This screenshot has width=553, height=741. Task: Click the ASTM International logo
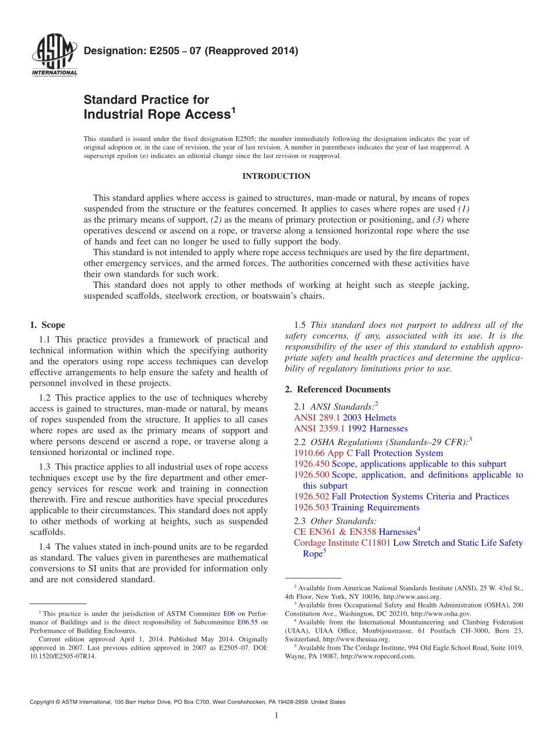(54, 56)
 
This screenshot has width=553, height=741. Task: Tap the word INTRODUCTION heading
(276, 176)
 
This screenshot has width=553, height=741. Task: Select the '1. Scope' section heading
(47, 325)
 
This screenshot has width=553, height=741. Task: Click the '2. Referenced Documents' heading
(338, 389)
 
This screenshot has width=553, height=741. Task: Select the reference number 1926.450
(311, 464)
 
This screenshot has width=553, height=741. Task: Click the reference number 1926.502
(311, 497)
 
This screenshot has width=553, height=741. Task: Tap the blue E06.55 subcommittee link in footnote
(247, 622)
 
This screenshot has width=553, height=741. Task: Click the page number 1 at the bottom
(276, 715)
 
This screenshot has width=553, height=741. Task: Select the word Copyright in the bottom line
(44, 703)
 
